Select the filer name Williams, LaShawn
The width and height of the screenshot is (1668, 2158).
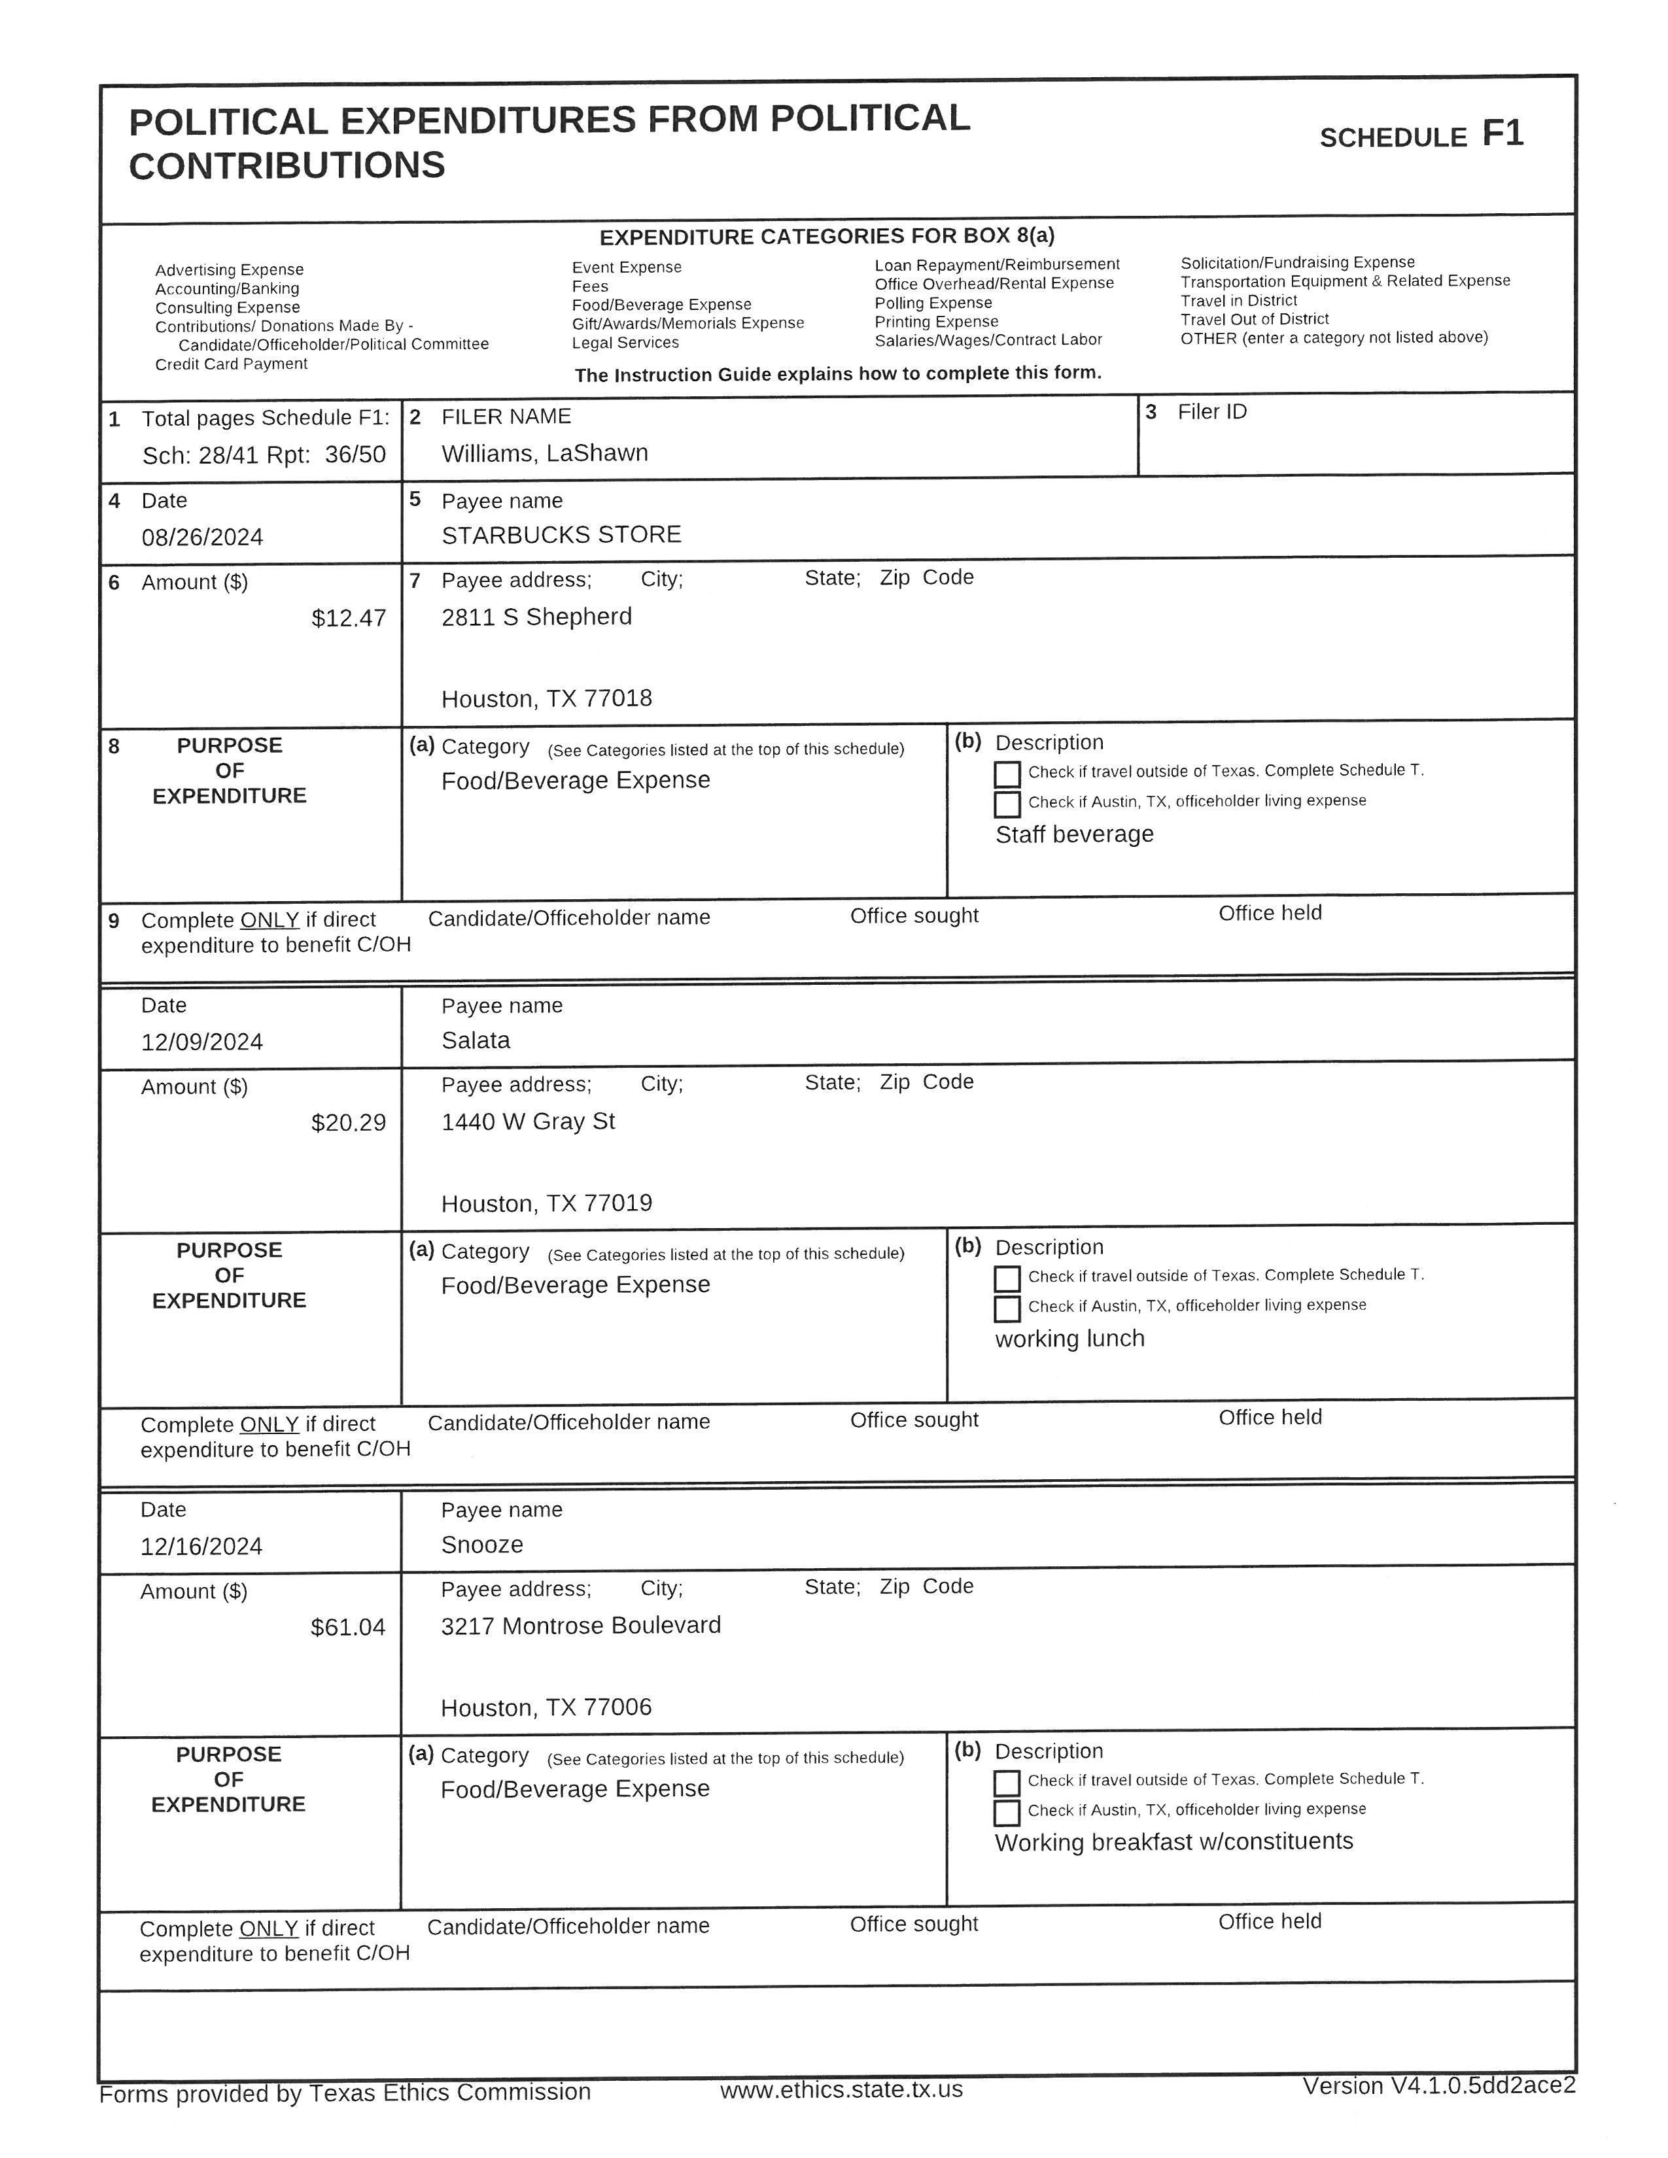click(x=544, y=454)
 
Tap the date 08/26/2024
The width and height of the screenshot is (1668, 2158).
click(x=203, y=538)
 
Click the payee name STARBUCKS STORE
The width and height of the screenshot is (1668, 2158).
click(x=561, y=534)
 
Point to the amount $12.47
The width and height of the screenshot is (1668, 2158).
click(x=348, y=619)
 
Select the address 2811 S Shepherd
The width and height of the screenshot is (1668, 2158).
click(x=536, y=617)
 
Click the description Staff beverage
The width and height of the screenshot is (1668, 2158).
click(x=1074, y=834)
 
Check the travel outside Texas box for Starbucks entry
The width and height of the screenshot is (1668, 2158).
click(x=1007, y=774)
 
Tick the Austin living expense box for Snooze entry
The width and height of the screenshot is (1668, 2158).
click(x=1006, y=1812)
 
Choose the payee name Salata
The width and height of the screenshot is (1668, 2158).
click(x=476, y=1040)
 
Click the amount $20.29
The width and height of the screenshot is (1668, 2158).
click(x=348, y=1122)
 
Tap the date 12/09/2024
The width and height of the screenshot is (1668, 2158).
click(x=203, y=1042)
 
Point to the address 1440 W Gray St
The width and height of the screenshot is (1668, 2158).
click(x=528, y=1122)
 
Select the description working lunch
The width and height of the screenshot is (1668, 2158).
click(x=1069, y=1339)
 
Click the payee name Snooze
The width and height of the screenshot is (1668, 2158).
click(x=482, y=1545)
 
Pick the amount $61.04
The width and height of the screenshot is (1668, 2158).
click(x=348, y=1628)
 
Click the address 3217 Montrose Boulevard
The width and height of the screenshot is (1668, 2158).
click(x=581, y=1626)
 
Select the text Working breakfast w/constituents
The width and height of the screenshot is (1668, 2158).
click(x=1174, y=1841)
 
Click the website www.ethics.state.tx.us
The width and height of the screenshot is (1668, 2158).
click(x=841, y=2090)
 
